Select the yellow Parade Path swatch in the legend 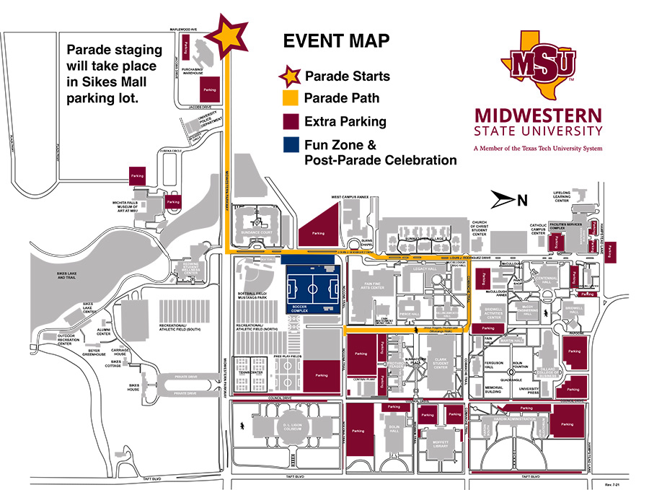click(291, 98)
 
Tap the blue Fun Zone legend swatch click(291, 145)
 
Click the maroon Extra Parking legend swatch click(291, 121)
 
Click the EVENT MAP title click(336, 41)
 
